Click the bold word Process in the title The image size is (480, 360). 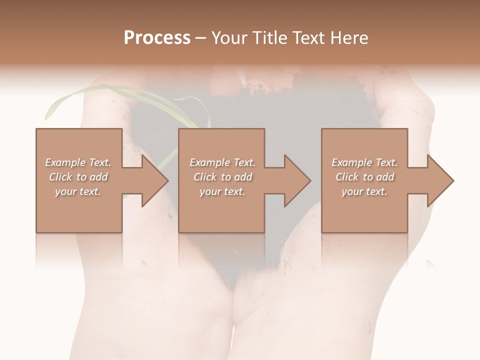157,38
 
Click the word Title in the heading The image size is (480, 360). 268,38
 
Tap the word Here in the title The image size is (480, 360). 349,38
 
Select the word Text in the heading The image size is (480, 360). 308,38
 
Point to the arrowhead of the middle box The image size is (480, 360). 298,180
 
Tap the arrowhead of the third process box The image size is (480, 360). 440,180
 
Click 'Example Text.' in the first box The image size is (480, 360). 78,162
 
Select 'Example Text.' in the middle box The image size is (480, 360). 222,162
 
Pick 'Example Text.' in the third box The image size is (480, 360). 364,162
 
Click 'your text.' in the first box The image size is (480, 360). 78,191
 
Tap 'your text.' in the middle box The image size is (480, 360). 222,191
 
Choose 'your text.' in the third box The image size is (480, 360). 364,191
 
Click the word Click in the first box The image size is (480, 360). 61,177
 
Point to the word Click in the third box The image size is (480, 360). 347,177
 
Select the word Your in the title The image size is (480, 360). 229,38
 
